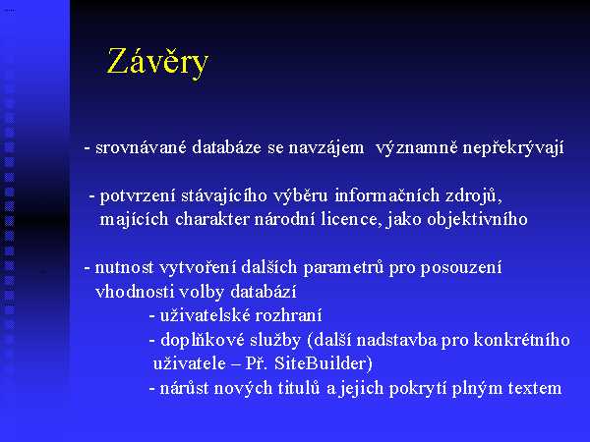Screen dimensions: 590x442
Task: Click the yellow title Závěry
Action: pos(157,62)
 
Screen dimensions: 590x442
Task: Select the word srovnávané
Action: pos(141,146)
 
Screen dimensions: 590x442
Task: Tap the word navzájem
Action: pos(326,147)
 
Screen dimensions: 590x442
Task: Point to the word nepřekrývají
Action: pos(513,147)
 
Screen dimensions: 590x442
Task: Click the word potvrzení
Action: pos(138,195)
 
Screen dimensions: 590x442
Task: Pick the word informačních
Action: pos(386,195)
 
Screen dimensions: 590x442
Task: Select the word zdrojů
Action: pos(473,196)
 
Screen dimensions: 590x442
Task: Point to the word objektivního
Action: pos(477,220)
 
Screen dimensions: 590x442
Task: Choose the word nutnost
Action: pos(125,267)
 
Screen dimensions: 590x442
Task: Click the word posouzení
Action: pos(460,268)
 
